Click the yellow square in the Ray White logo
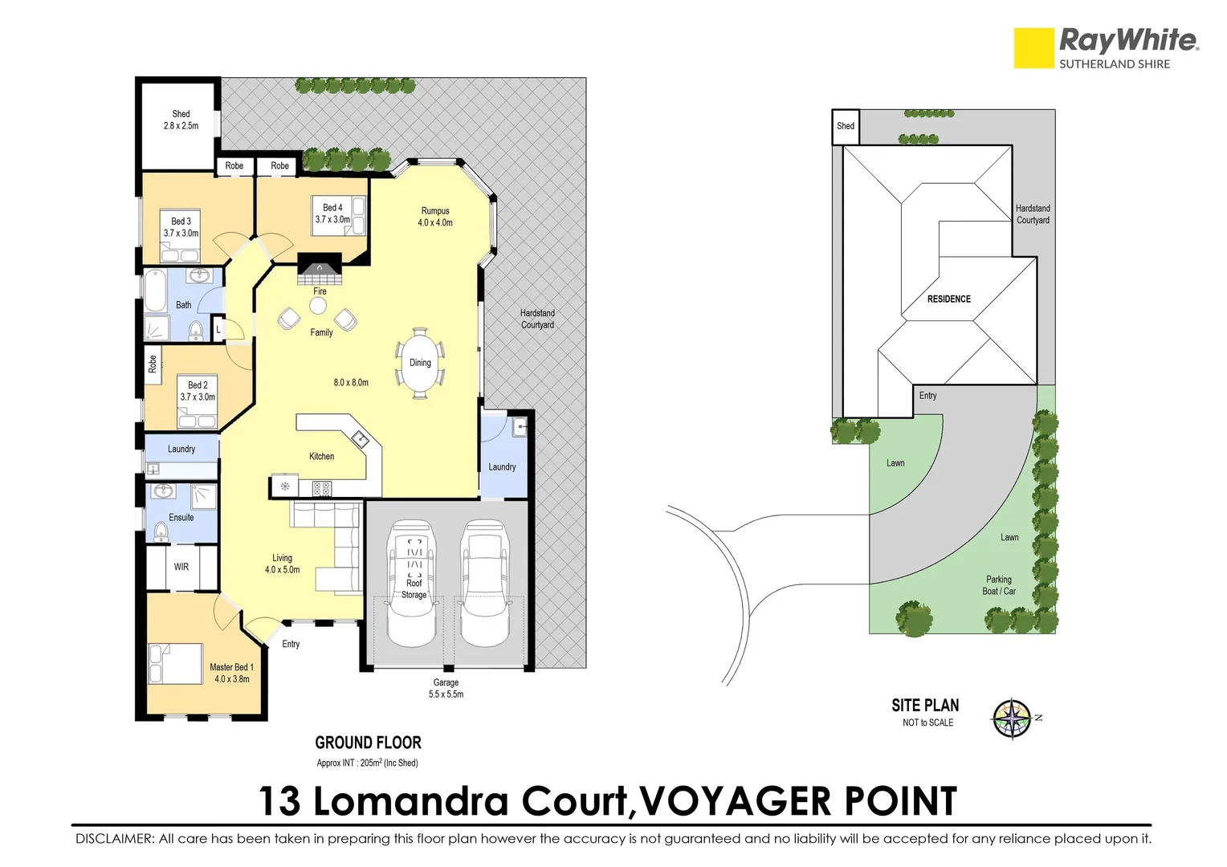coord(1033,48)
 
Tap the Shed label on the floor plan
coord(181,120)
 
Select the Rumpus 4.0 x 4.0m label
coord(435,217)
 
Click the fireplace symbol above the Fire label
coord(320,267)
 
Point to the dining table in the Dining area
coord(420,363)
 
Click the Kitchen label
coord(321,456)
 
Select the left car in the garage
coord(412,582)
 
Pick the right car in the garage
coord(485,582)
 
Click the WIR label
coord(181,567)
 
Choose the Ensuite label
coord(181,518)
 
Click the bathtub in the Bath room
coord(155,291)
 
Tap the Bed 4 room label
coord(332,213)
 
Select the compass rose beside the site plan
coord(1012,718)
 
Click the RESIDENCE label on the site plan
coord(948,299)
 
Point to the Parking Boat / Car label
coord(998,585)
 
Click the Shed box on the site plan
coord(846,126)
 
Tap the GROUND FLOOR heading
coord(368,743)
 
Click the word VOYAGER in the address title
coord(736,801)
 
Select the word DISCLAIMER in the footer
coord(114,839)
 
